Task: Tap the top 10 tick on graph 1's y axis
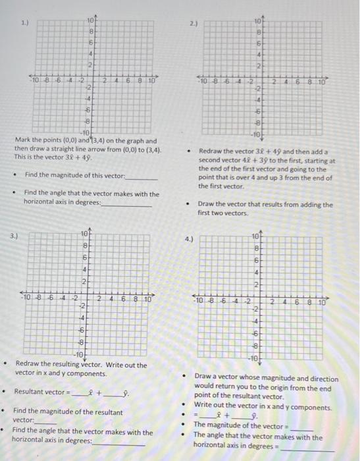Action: point(90,20)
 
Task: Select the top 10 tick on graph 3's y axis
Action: point(84,234)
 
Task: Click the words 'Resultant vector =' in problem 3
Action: point(42,391)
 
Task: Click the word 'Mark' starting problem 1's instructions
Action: point(22,142)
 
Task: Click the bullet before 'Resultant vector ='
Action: point(6,391)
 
